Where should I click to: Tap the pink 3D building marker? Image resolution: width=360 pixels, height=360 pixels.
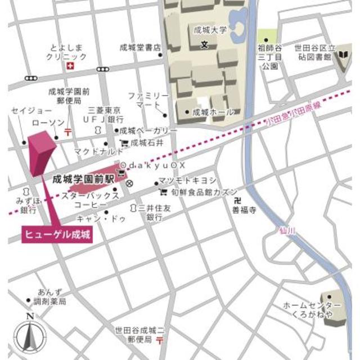pyautogui.click(x=40, y=152)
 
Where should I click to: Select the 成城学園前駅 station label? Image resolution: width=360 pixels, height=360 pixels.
pyautogui.click(x=83, y=179)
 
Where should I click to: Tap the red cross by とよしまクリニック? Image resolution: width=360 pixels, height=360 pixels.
pyautogui.click(x=70, y=67)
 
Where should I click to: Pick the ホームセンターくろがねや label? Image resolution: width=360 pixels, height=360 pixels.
pyautogui.click(x=304, y=309)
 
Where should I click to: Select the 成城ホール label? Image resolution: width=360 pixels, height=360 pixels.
pyautogui.click(x=213, y=112)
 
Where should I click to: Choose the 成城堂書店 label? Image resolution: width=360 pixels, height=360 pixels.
pyautogui.click(x=140, y=48)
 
